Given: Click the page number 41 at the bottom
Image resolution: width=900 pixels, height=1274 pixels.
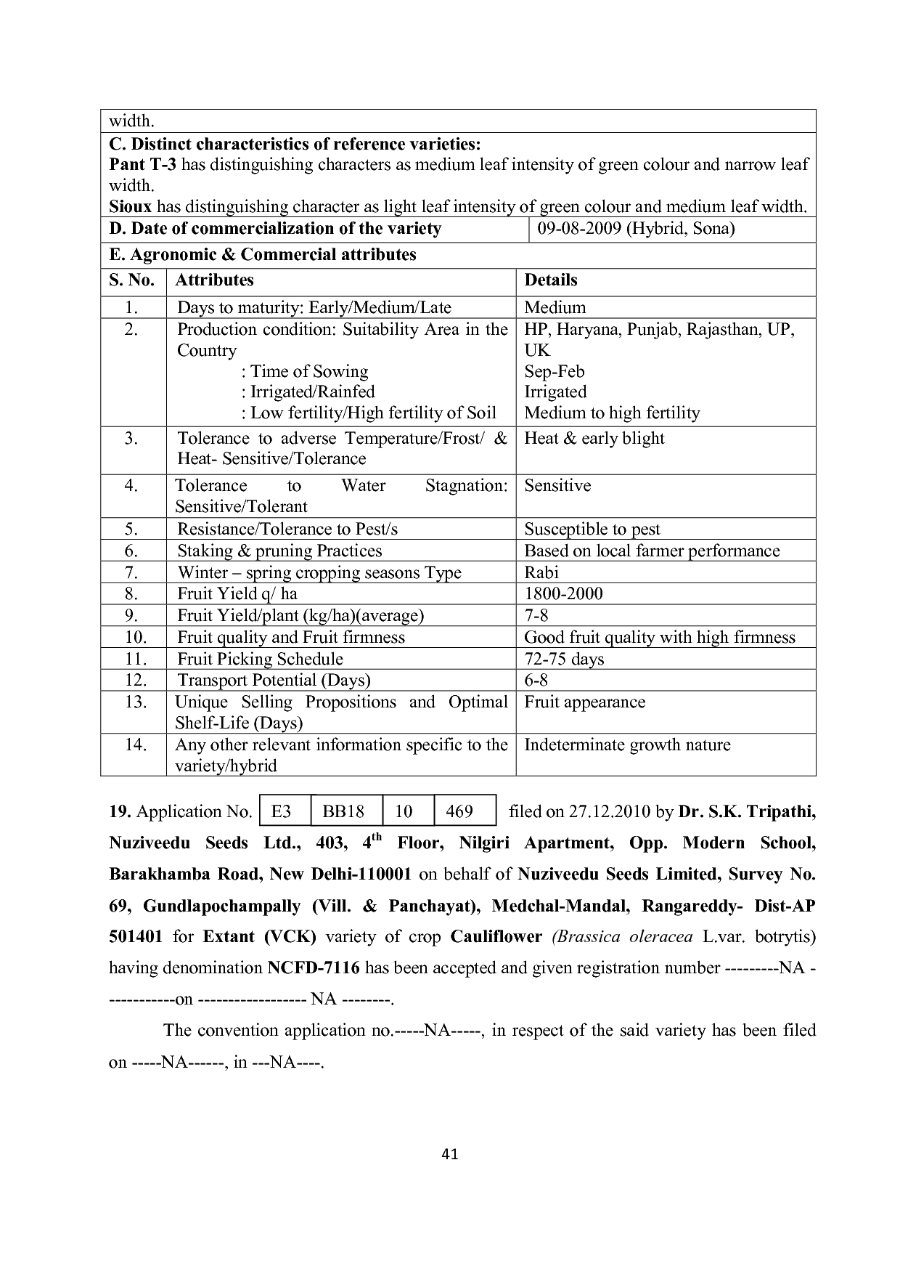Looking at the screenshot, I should click(449, 1153).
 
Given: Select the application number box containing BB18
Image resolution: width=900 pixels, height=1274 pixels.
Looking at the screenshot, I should click(344, 811).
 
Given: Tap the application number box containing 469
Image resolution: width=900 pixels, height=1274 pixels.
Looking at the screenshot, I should click(460, 811).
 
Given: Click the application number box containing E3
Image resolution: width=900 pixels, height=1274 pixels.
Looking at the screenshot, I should click(282, 811).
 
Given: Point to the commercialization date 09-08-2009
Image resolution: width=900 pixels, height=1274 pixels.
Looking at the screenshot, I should click(578, 229).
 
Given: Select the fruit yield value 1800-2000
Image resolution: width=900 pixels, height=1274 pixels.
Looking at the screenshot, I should click(563, 593).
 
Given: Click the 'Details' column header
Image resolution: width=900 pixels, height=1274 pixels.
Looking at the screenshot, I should click(551, 280).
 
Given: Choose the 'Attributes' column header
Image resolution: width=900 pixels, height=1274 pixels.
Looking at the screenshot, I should click(214, 280).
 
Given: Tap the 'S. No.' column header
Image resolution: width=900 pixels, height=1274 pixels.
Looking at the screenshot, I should click(131, 280).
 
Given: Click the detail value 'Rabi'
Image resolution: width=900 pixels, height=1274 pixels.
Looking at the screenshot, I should click(541, 572).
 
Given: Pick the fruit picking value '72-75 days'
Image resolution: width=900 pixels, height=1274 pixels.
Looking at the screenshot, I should click(564, 659).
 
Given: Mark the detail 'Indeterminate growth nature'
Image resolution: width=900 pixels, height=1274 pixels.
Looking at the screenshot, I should click(627, 744).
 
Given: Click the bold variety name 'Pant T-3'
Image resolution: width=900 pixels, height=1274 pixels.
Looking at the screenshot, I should click(142, 164).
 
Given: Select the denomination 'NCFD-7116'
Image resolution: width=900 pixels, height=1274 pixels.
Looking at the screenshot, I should click(314, 967).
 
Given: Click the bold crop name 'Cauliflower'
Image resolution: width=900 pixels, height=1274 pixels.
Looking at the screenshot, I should click(496, 936).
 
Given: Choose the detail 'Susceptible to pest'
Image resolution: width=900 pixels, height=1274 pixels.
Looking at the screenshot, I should click(592, 529).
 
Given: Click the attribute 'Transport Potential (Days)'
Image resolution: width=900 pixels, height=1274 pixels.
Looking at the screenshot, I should click(274, 680).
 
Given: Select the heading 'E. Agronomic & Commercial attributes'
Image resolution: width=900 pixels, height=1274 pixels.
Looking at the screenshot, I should click(263, 255).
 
